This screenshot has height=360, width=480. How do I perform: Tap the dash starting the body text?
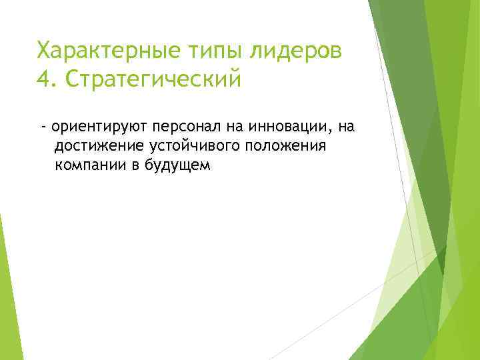[x=43, y=126]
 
